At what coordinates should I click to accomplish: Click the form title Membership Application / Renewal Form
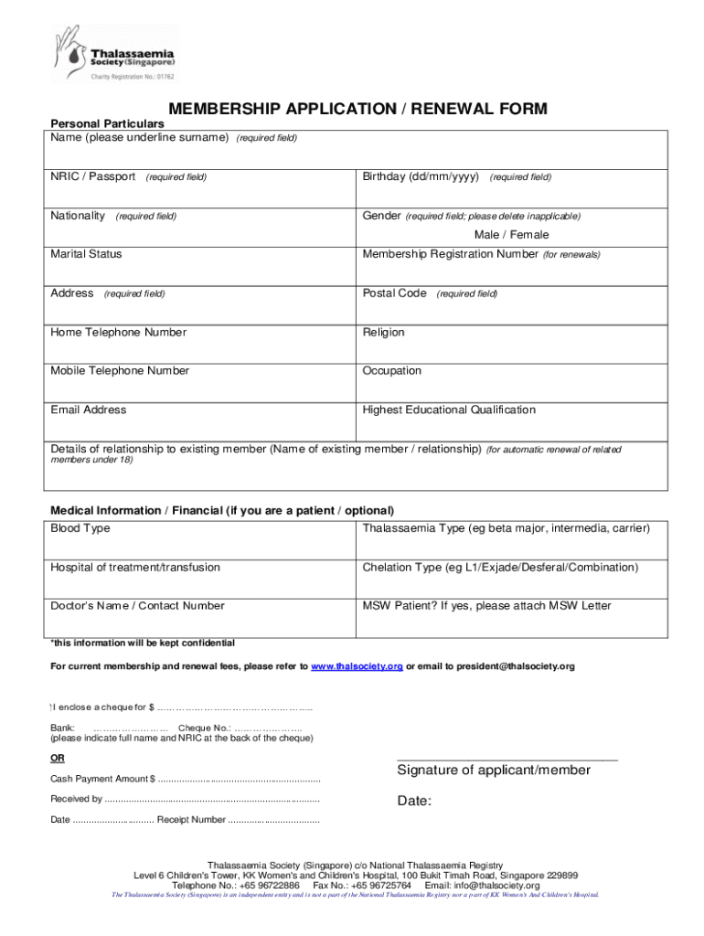(358, 110)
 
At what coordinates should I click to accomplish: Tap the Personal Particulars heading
(107, 123)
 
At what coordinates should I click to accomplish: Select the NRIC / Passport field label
(93, 176)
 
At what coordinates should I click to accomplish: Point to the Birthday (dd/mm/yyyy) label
(421, 176)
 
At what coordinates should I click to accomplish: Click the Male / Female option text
(511, 235)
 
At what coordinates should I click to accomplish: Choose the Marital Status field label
(86, 254)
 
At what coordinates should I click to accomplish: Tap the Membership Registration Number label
(451, 254)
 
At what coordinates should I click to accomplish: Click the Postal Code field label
(395, 293)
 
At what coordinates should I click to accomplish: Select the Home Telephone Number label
(118, 333)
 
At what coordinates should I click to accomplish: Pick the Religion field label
(383, 333)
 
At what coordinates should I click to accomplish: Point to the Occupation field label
(392, 371)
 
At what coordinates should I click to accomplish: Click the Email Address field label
(89, 410)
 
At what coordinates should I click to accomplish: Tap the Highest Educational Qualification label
(449, 410)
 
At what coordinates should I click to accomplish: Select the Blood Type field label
(80, 529)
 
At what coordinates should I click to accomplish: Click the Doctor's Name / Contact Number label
(137, 606)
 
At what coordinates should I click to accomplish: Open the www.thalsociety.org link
(357, 667)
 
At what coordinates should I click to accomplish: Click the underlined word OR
(57, 759)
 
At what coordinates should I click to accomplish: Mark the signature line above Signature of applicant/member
(507, 760)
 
